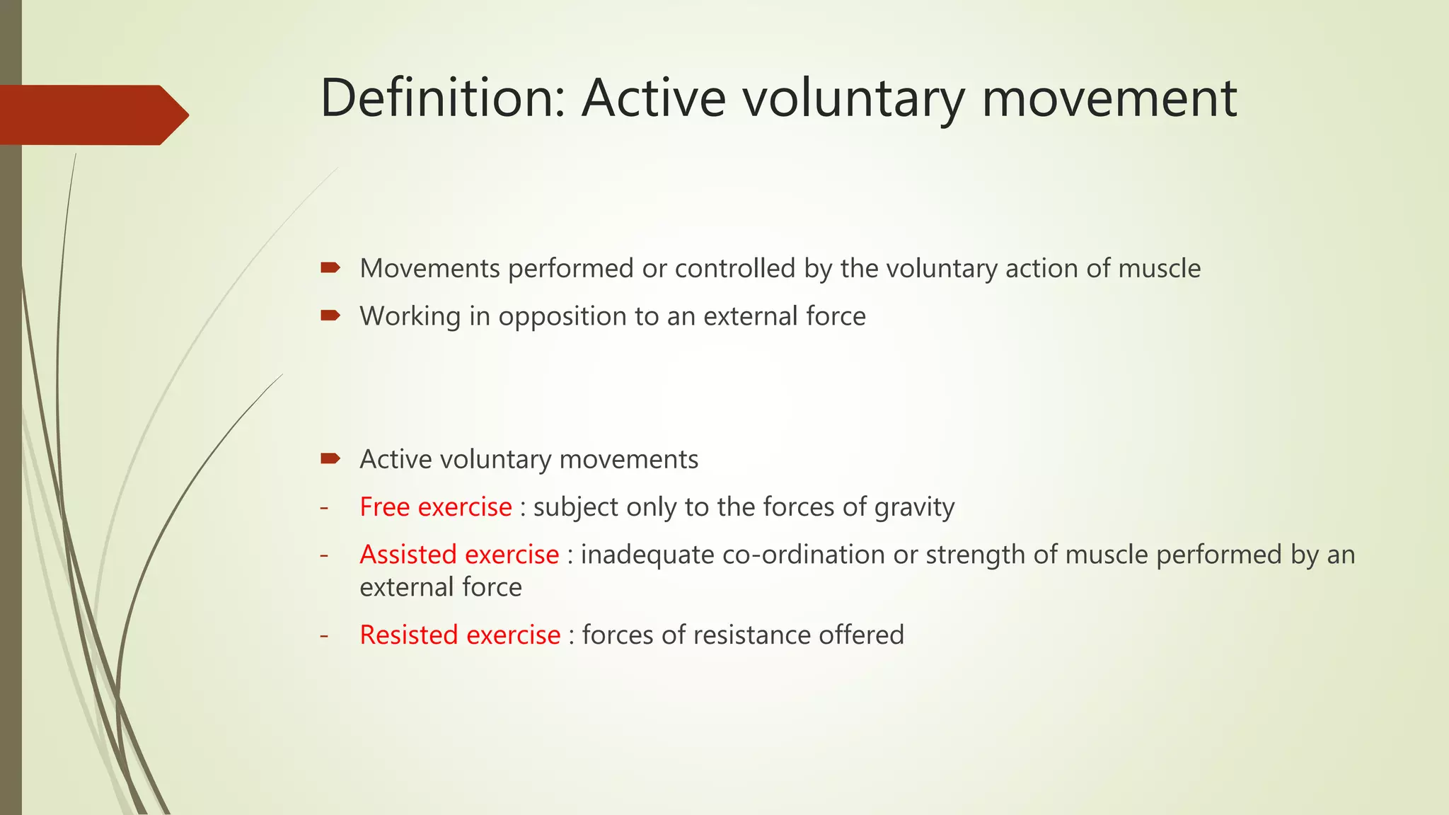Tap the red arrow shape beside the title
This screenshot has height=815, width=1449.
pyautogui.click(x=92, y=115)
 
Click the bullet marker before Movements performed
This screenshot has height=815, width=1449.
pyautogui.click(x=330, y=267)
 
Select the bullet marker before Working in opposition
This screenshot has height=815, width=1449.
pyautogui.click(x=330, y=316)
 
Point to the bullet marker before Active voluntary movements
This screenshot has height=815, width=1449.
pyautogui.click(x=330, y=458)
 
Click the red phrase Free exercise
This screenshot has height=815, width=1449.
pyautogui.click(x=435, y=507)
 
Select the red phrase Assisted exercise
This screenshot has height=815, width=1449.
pyautogui.click(x=459, y=554)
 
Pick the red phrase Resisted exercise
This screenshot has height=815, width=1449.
pyautogui.click(x=460, y=635)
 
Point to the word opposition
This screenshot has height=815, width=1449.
pyautogui.click(x=562, y=317)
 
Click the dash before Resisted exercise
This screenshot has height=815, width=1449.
pyautogui.click(x=324, y=635)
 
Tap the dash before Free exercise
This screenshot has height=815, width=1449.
pyautogui.click(x=324, y=507)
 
